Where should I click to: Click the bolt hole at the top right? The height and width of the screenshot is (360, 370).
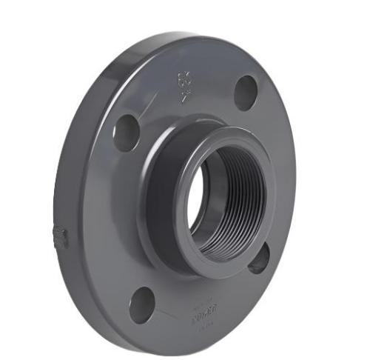tap(246, 93)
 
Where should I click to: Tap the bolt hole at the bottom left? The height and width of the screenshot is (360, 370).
tap(142, 304)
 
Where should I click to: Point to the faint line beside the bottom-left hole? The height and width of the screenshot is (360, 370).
tap(167, 311)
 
